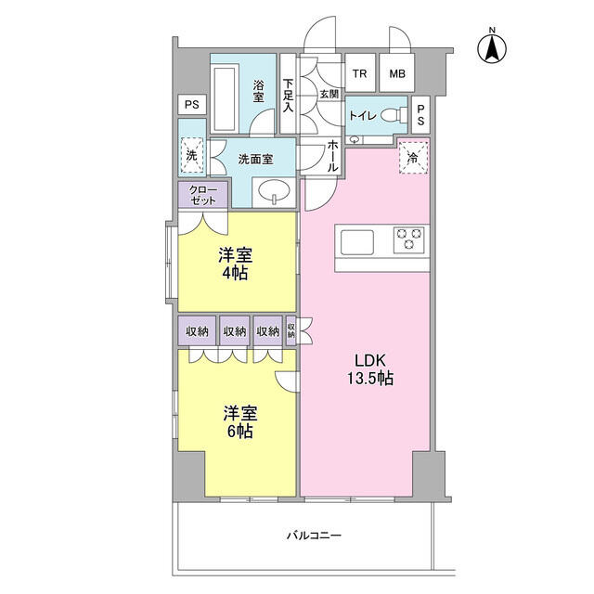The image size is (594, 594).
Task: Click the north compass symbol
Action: [x=492, y=48]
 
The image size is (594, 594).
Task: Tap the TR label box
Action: [x=360, y=72]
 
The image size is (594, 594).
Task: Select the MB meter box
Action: [x=397, y=72]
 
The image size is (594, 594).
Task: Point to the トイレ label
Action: [x=362, y=115]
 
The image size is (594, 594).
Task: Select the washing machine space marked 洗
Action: [x=192, y=155]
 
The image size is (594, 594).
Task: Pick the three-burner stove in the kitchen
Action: [x=408, y=239]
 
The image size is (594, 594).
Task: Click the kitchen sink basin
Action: [x=356, y=242]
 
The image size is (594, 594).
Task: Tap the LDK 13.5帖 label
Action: [x=370, y=369]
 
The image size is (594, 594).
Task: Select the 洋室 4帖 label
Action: [x=235, y=264]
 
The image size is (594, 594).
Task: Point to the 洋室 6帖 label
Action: [x=240, y=421]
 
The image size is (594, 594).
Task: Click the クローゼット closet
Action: [x=203, y=195]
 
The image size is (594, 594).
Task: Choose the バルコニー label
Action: [x=314, y=536]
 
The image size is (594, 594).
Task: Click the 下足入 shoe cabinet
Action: [x=288, y=93]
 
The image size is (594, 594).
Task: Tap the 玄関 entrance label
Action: [x=329, y=94]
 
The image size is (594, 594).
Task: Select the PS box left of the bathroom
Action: [x=192, y=105]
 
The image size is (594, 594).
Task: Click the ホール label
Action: [x=332, y=155]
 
